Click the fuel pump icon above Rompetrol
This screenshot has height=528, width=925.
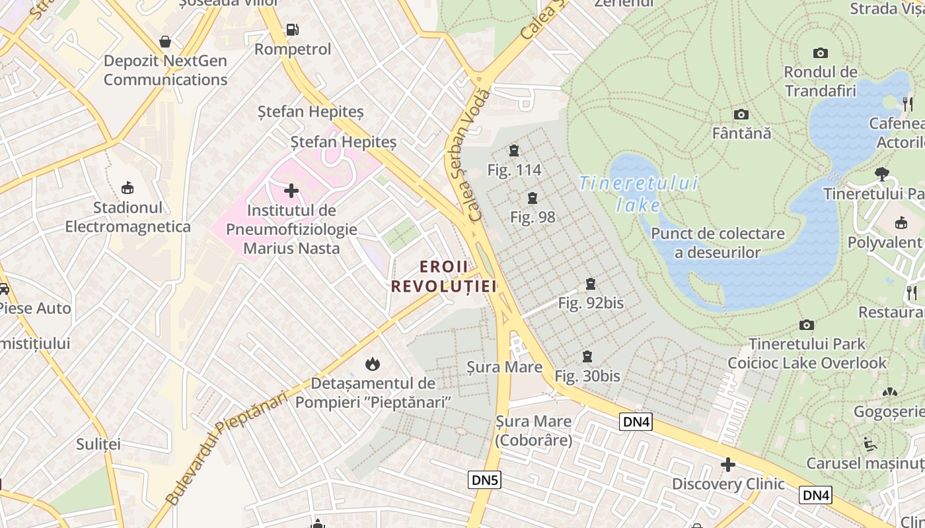click(x=291, y=30)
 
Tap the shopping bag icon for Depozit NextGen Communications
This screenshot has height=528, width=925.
click(x=165, y=42)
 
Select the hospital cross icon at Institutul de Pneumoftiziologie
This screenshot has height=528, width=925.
click(x=291, y=191)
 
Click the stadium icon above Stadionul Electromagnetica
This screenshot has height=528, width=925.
click(x=128, y=188)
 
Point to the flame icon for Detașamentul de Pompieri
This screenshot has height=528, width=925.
click(x=373, y=364)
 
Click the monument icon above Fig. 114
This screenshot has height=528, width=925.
click(x=514, y=151)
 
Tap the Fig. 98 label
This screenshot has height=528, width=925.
click(x=533, y=217)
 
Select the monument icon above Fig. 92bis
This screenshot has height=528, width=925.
click(x=591, y=284)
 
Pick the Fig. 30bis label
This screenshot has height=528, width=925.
click(x=587, y=376)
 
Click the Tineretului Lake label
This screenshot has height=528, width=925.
click(x=638, y=194)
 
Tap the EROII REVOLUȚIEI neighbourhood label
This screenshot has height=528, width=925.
click(x=443, y=276)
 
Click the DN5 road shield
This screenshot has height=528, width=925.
click(x=485, y=480)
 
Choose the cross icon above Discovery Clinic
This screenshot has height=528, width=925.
click(x=728, y=465)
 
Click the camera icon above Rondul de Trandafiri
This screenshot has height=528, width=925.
click(x=821, y=53)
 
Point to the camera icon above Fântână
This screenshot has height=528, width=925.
click(x=741, y=115)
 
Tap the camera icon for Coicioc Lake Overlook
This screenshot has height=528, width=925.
click(x=806, y=325)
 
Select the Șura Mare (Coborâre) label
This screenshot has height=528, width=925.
click(x=534, y=430)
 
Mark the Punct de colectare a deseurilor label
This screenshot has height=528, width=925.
click(x=718, y=243)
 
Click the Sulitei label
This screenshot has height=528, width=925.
click(x=98, y=444)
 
